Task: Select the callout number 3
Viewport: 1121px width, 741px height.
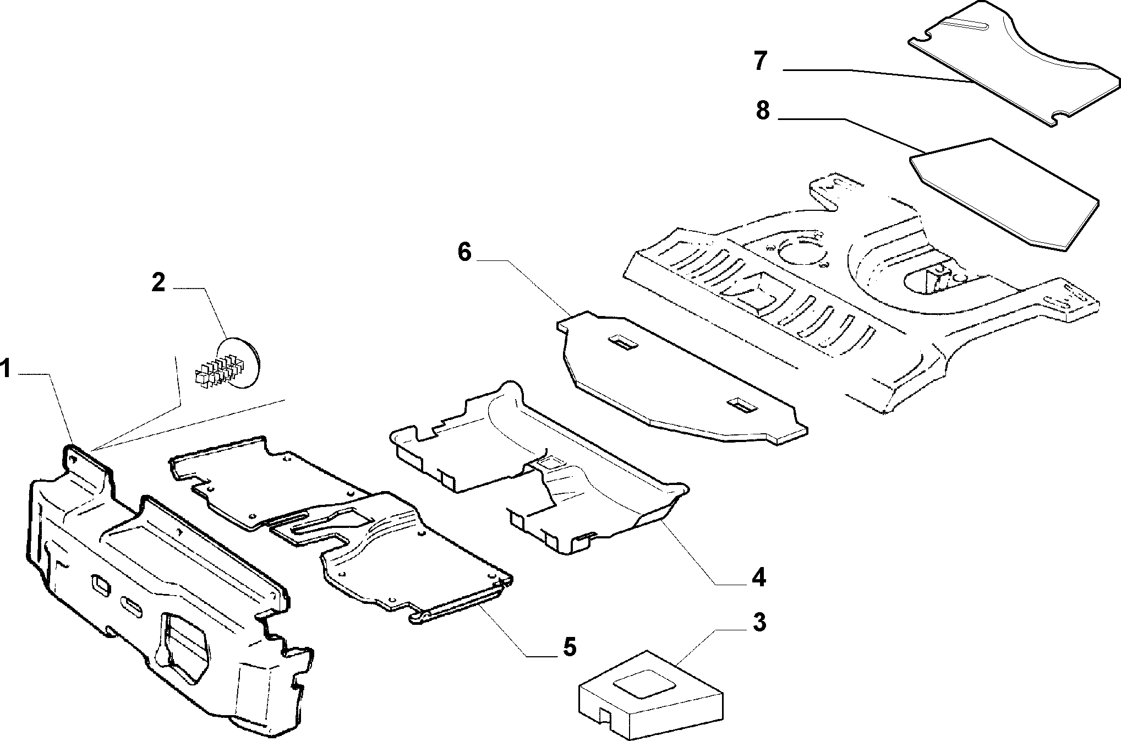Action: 759,622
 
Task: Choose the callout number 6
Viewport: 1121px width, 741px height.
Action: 464,253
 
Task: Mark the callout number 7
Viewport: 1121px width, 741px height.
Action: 761,61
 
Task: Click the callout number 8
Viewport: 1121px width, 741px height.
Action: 762,111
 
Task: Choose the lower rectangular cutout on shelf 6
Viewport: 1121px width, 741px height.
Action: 743,406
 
